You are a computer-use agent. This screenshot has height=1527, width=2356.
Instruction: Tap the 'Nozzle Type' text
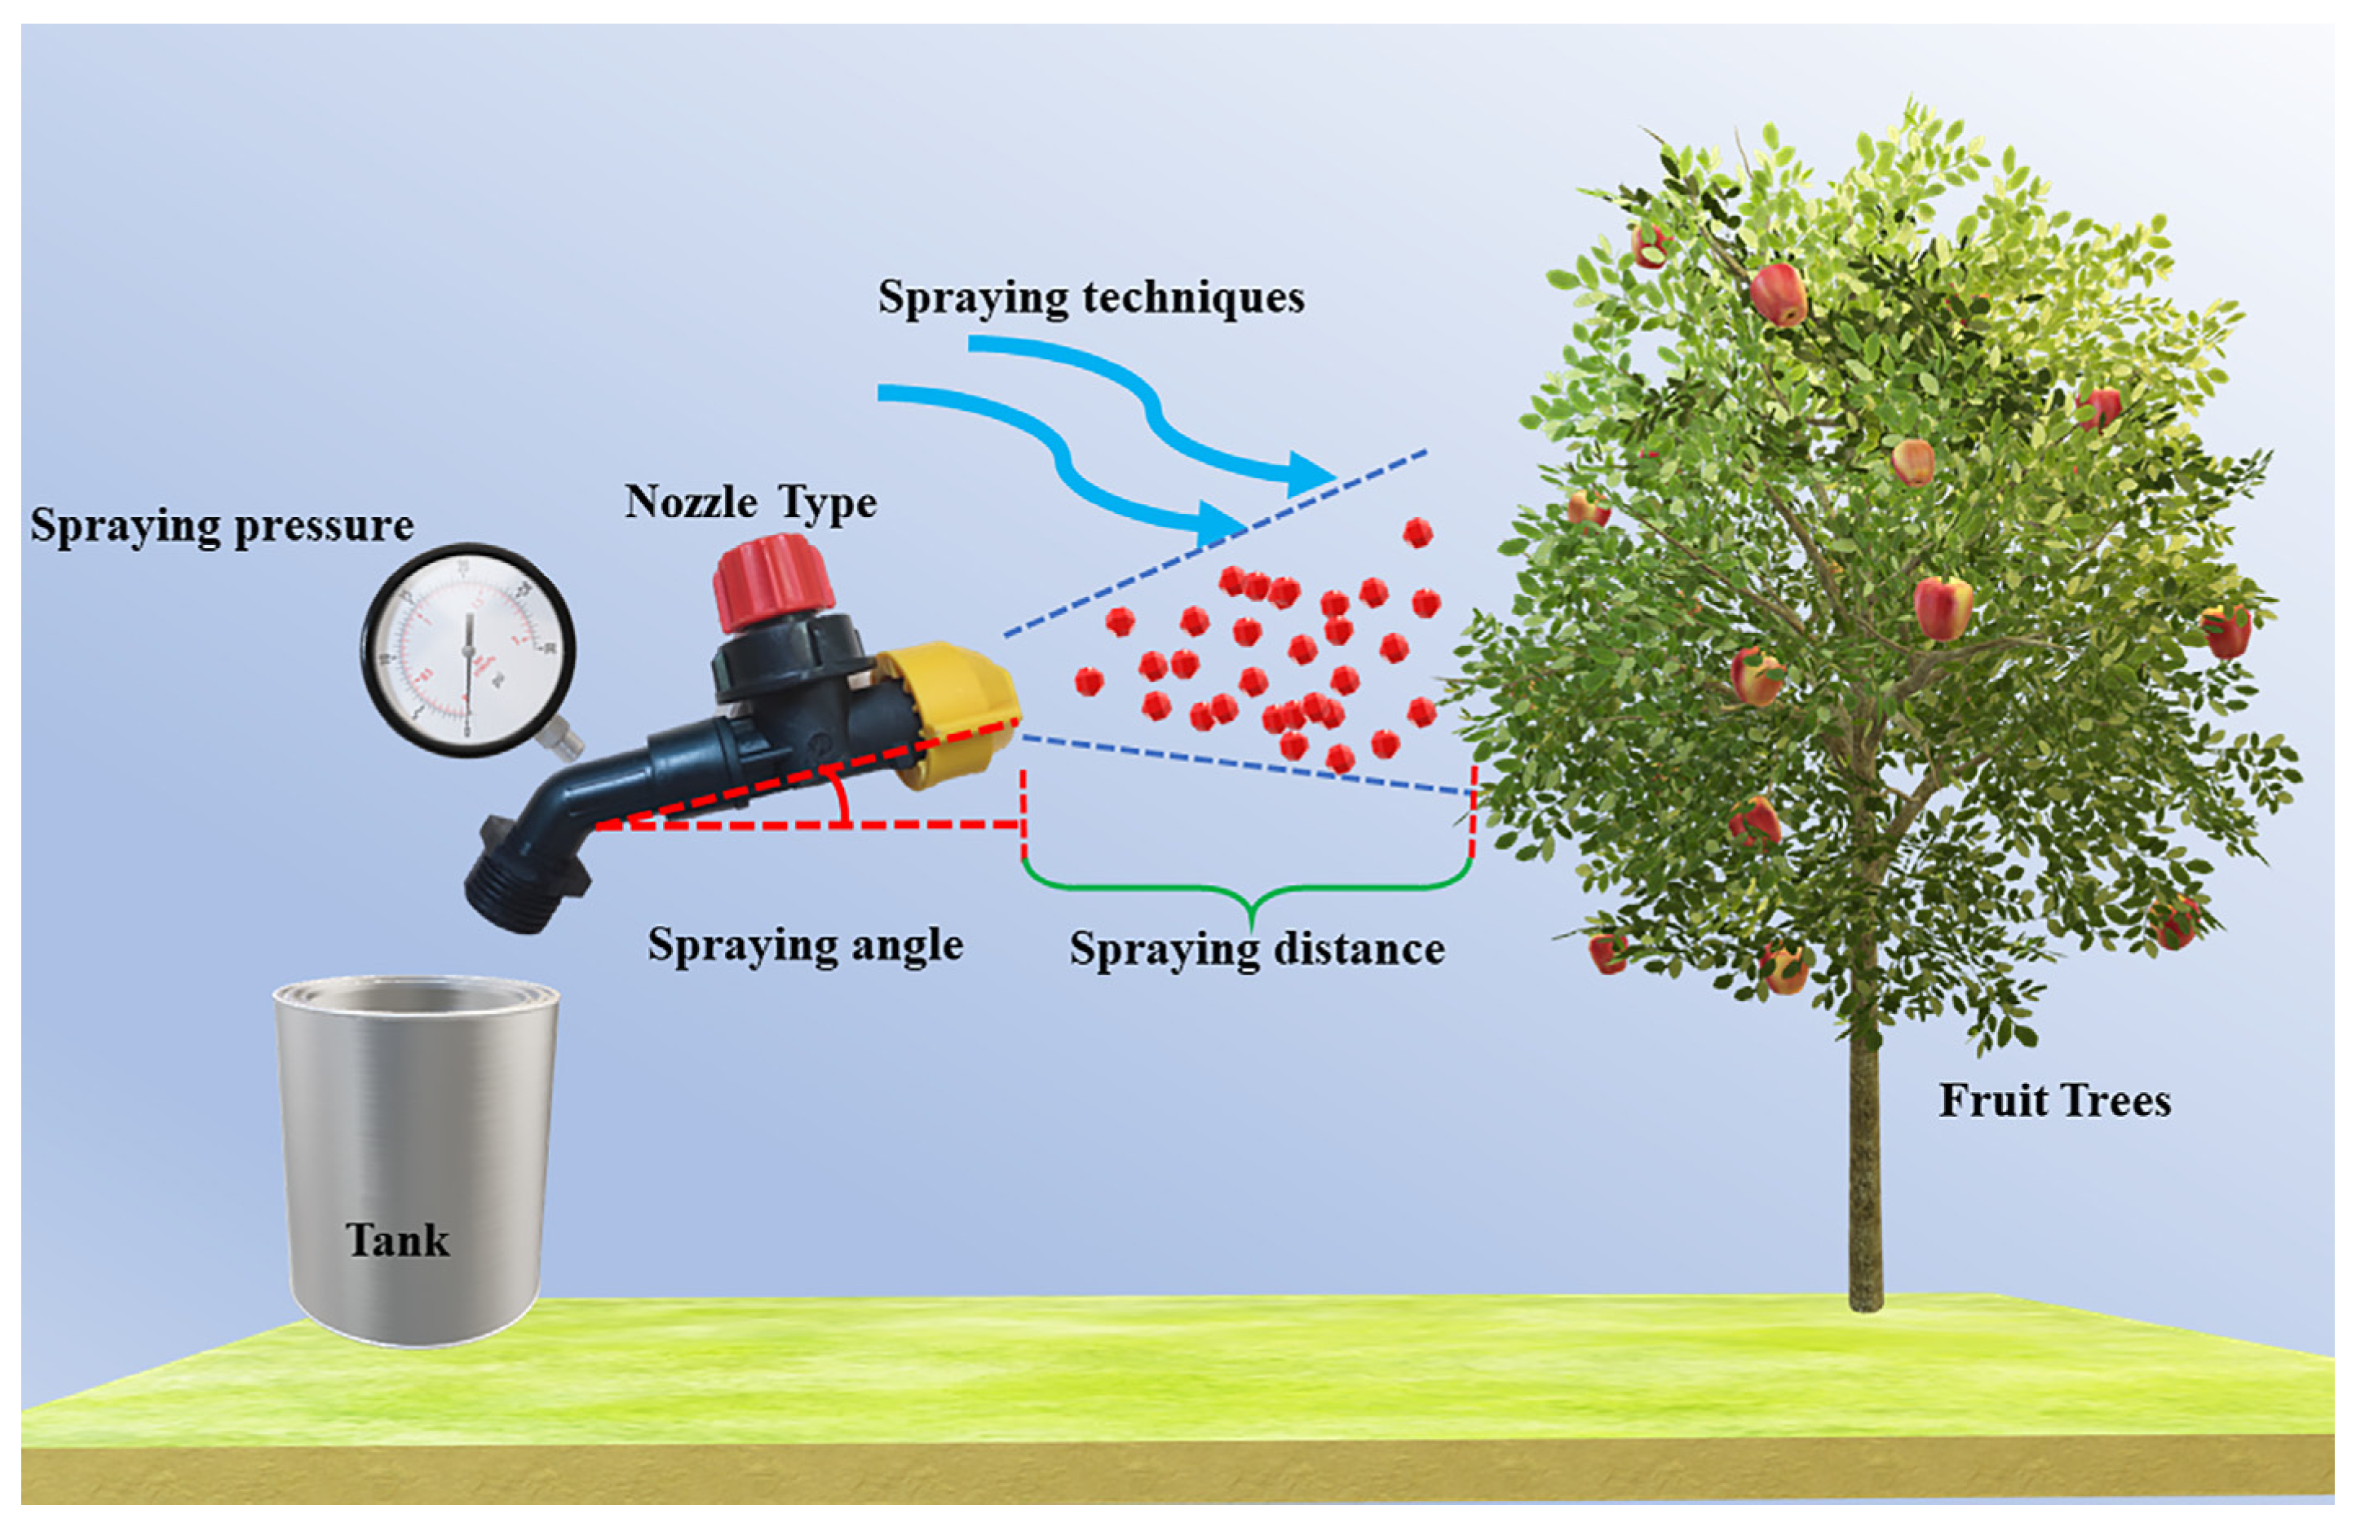tap(750, 503)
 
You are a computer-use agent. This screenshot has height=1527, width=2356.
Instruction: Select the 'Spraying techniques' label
tap(1091, 297)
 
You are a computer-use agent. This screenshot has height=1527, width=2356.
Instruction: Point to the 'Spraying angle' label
tap(805, 945)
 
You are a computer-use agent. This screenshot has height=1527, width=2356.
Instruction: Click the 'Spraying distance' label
tap(1256, 949)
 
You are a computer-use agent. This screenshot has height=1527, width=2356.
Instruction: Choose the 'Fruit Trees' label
tap(2054, 1101)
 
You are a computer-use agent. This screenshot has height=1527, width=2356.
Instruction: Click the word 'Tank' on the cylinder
tap(397, 1240)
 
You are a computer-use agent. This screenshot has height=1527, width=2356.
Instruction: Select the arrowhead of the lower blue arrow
tap(1222, 522)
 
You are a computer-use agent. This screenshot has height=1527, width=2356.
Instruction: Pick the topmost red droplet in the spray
tap(1417, 533)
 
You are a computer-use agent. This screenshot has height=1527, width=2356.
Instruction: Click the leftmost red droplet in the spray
tap(1089, 681)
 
